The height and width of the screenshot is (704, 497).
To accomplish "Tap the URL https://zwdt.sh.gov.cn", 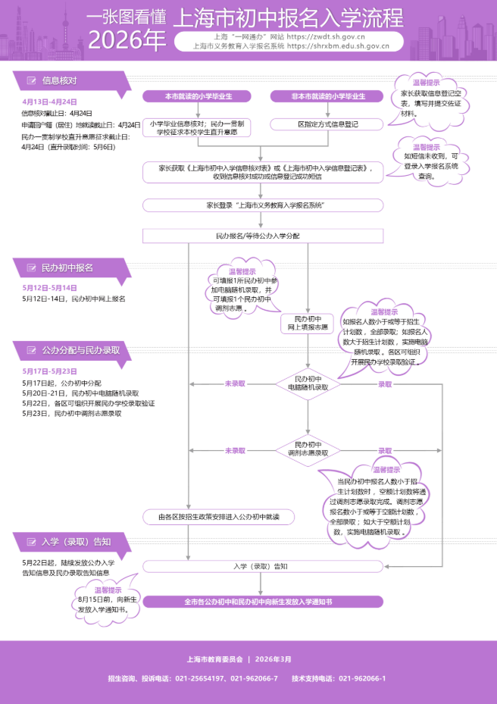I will [x=339, y=36].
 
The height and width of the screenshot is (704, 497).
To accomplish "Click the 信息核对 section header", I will [x=59, y=80].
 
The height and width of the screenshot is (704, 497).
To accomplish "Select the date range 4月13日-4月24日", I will [x=49, y=101].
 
